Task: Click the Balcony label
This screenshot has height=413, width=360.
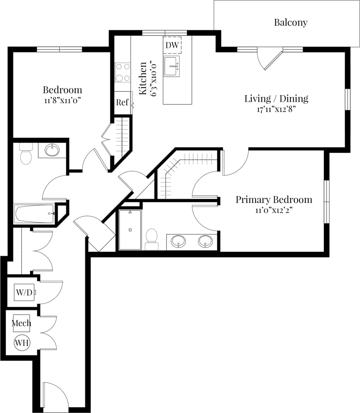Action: [x=290, y=22]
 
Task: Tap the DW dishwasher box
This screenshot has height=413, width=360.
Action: [x=172, y=45]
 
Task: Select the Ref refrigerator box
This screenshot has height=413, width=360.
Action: [x=122, y=102]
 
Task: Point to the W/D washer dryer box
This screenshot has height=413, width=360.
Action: [x=24, y=292]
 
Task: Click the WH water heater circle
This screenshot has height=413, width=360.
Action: [x=22, y=343]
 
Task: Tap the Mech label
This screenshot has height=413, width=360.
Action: [x=21, y=323]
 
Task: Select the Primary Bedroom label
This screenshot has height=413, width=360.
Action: [x=274, y=200]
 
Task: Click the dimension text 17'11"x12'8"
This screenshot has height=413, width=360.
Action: [x=276, y=109]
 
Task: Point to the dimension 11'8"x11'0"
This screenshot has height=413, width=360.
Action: [x=63, y=100]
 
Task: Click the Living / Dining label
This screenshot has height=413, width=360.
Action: [x=276, y=98]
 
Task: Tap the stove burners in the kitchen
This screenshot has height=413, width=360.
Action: [x=122, y=72]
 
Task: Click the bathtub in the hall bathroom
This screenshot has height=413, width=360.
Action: [x=34, y=214]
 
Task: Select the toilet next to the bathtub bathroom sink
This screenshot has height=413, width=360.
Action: [x=25, y=154]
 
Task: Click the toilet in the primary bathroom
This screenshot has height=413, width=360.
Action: [x=152, y=239]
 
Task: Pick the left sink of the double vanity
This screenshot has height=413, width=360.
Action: [x=178, y=241]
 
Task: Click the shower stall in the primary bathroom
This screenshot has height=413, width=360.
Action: [x=130, y=230]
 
